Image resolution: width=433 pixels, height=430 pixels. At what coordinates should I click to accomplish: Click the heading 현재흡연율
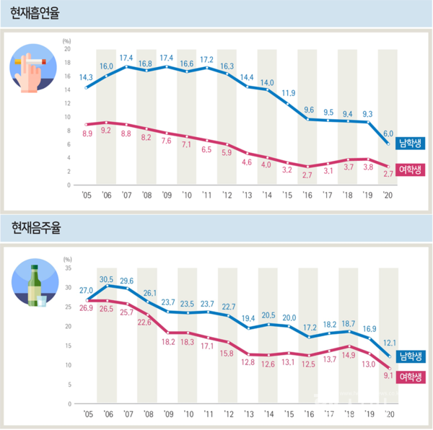[x=35, y=13]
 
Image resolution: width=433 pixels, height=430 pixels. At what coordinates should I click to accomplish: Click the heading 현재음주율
[x=35, y=229]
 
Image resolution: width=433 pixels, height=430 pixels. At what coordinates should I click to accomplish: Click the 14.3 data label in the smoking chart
[x=87, y=77]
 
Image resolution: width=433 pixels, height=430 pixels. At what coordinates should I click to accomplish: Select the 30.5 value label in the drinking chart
[x=106, y=277]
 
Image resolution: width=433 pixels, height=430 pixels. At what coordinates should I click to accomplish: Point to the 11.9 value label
[x=289, y=93]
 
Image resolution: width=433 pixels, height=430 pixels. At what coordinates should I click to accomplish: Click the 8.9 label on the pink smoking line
[x=87, y=135]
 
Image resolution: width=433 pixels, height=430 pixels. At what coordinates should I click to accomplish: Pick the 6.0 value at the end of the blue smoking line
[x=389, y=133]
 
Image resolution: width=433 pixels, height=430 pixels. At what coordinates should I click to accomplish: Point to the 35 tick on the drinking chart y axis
[x=67, y=268]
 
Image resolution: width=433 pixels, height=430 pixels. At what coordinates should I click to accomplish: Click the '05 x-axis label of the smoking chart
[x=86, y=193]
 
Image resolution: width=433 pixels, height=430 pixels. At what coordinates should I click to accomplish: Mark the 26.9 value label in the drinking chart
[x=86, y=307]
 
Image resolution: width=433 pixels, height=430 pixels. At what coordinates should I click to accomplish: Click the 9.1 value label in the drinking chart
[x=388, y=374]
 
